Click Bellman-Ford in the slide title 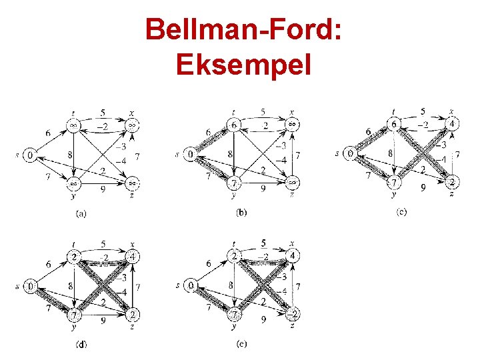click(x=243, y=29)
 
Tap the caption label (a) click(x=81, y=213)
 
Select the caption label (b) click(x=242, y=213)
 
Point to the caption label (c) click(x=401, y=212)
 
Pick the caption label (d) click(x=81, y=344)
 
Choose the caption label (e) click(x=241, y=344)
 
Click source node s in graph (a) click(x=29, y=155)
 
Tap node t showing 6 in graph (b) click(x=234, y=125)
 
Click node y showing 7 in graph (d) click(x=73, y=313)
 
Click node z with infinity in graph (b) click(x=291, y=181)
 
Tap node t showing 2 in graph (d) click(x=73, y=257)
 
